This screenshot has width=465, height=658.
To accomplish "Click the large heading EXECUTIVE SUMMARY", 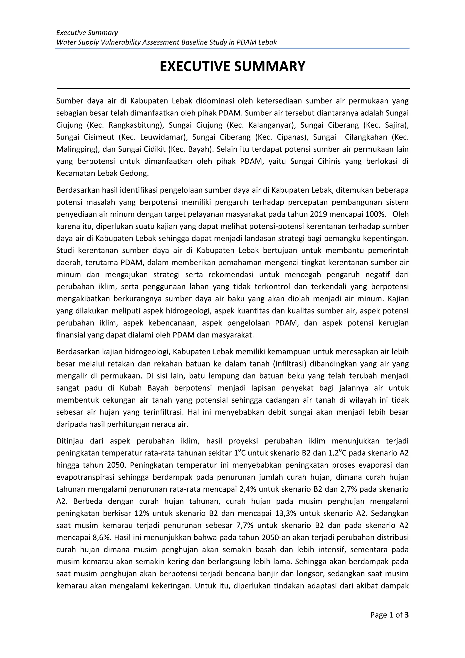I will (x=232, y=67).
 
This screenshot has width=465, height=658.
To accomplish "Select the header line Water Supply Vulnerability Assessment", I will (x=166, y=42).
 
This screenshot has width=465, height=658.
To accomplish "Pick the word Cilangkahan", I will (x=365, y=137).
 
